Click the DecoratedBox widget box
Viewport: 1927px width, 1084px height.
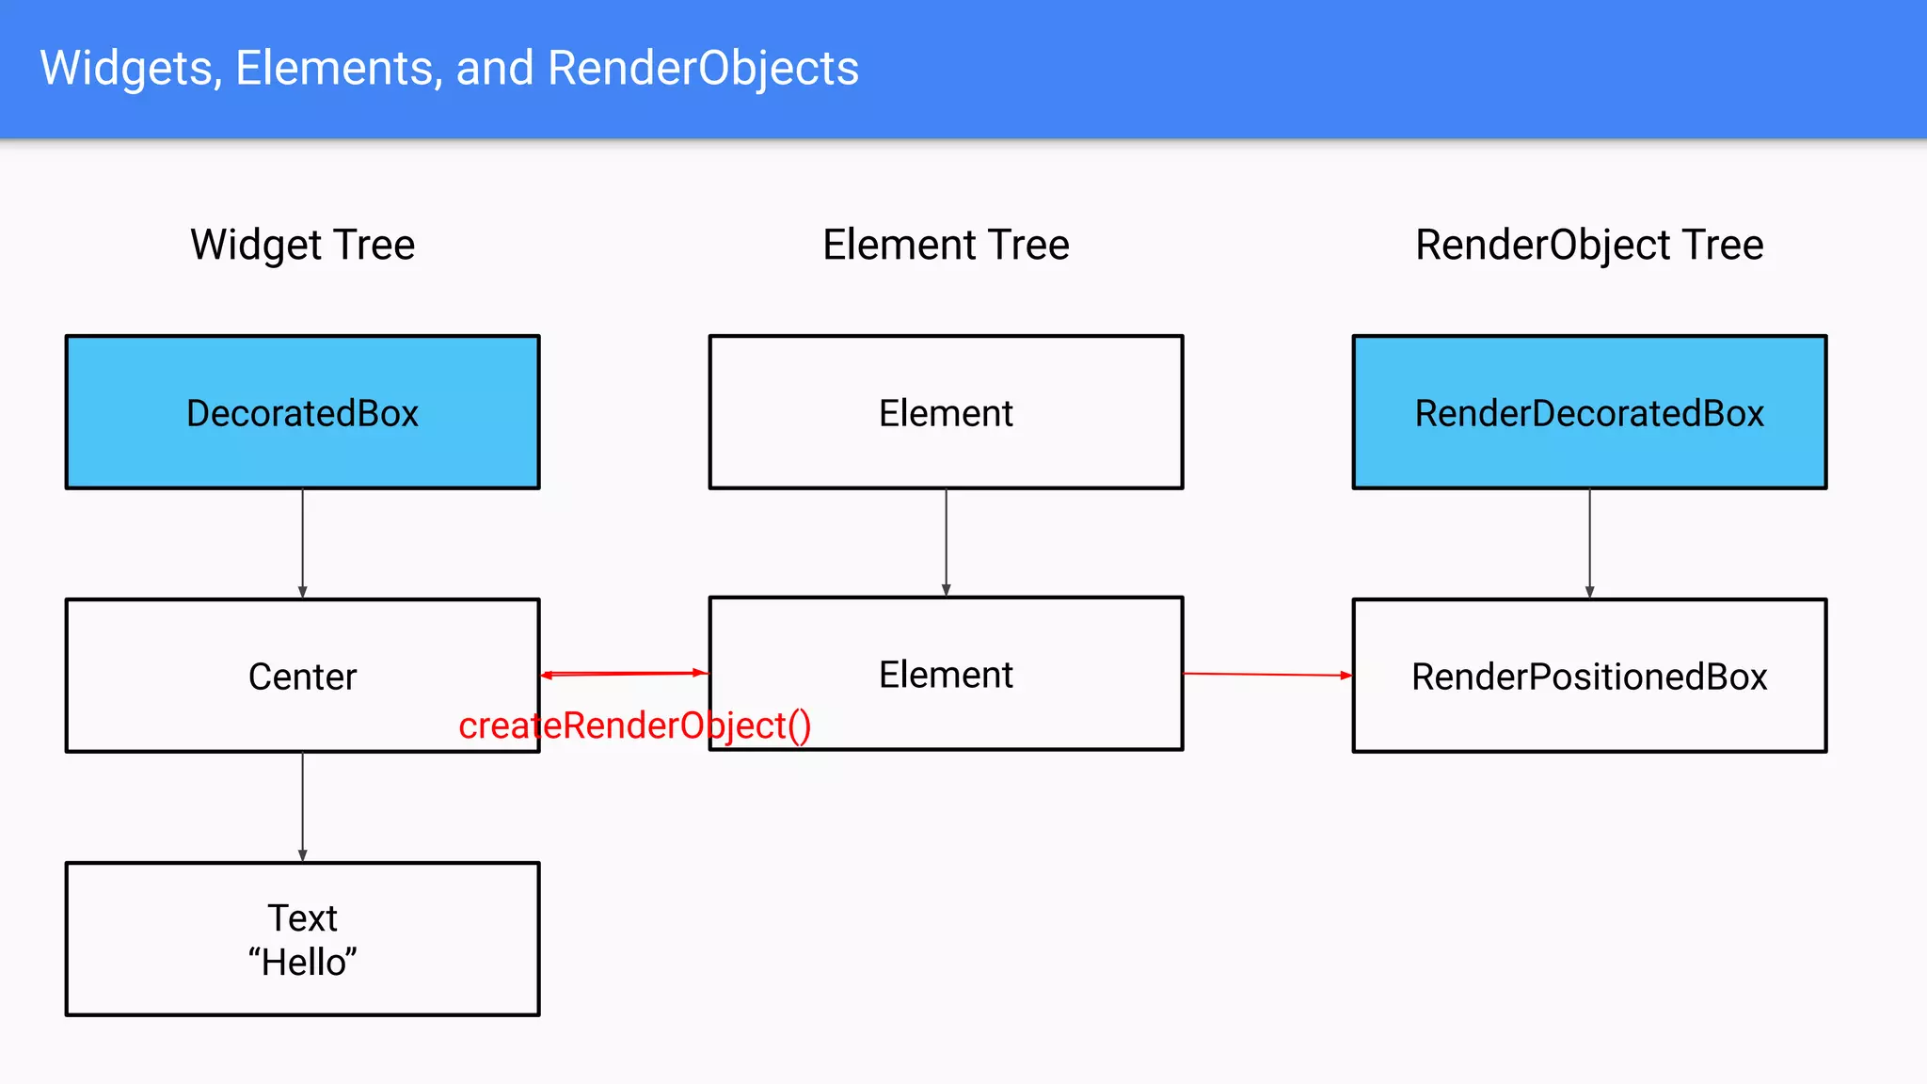click(302, 412)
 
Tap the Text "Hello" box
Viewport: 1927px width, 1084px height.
click(302, 939)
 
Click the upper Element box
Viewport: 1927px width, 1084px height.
click(946, 412)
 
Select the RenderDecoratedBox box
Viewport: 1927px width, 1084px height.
click(1589, 412)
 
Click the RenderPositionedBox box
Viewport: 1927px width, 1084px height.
click(1589, 676)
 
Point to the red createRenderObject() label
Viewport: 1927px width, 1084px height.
click(634, 725)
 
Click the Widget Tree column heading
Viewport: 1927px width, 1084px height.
click(302, 245)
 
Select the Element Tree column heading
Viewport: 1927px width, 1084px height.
click(946, 245)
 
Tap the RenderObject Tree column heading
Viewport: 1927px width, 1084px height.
click(1589, 245)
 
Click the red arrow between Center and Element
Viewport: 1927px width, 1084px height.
click(624, 674)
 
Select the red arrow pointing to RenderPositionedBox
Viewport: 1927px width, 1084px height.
click(1267, 675)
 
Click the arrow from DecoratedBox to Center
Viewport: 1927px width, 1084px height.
click(302, 543)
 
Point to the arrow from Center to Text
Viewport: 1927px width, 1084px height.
click(302, 806)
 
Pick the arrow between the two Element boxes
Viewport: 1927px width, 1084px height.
click(946, 542)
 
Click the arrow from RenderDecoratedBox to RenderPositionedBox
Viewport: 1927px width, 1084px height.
click(1589, 543)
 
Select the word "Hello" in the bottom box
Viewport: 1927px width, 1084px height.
click(302, 963)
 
